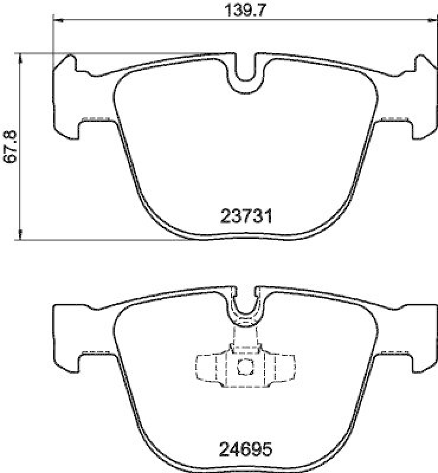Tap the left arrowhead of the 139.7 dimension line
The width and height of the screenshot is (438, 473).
[57, 21]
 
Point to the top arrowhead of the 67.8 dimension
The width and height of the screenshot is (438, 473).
[21, 57]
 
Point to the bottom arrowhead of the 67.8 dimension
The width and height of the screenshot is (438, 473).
[21, 237]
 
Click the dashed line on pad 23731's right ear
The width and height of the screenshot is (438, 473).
[393, 119]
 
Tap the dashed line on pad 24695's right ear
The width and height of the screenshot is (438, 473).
[393, 353]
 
